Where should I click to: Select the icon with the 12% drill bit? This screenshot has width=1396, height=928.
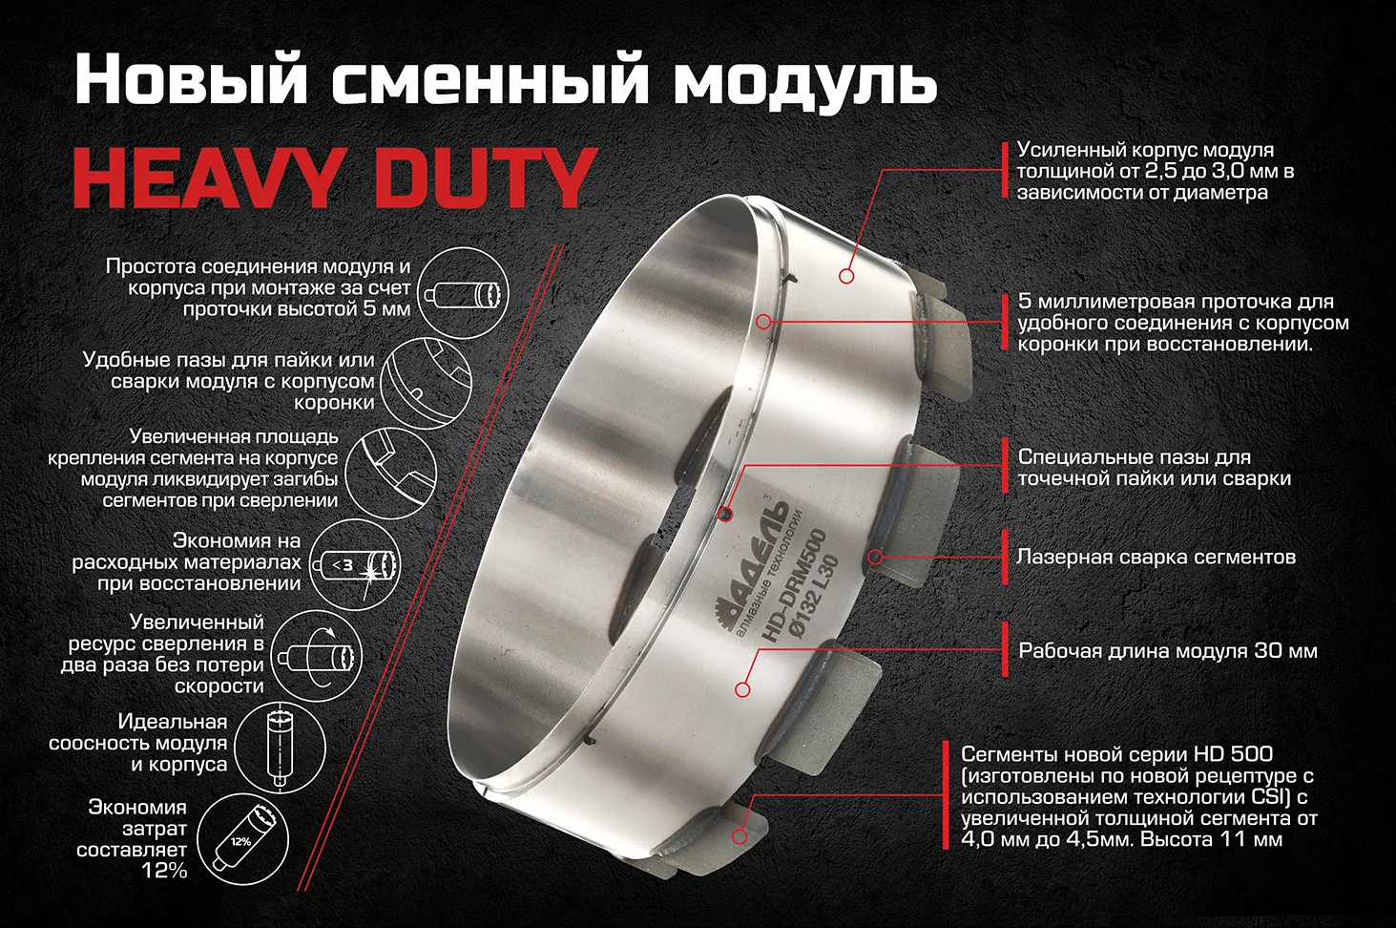(x=243, y=838)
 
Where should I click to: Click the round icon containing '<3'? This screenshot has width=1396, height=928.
(x=355, y=565)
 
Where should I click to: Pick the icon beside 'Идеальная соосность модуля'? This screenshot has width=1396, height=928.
(x=281, y=749)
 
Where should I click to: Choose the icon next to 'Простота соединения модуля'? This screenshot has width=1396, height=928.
(x=463, y=293)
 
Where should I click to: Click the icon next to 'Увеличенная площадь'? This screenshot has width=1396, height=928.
(x=391, y=472)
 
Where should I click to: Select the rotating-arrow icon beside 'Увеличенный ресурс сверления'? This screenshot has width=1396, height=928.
(x=317, y=656)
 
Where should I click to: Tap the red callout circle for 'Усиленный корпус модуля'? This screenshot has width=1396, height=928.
(x=846, y=275)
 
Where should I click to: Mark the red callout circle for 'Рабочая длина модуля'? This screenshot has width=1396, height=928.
(x=742, y=689)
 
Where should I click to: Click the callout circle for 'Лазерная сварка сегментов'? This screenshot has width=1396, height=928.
(x=876, y=557)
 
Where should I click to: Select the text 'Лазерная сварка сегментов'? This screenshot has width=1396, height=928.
(x=1156, y=557)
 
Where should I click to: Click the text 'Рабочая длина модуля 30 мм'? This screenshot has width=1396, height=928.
(x=1168, y=650)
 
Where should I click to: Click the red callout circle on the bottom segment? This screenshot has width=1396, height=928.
(x=740, y=835)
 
